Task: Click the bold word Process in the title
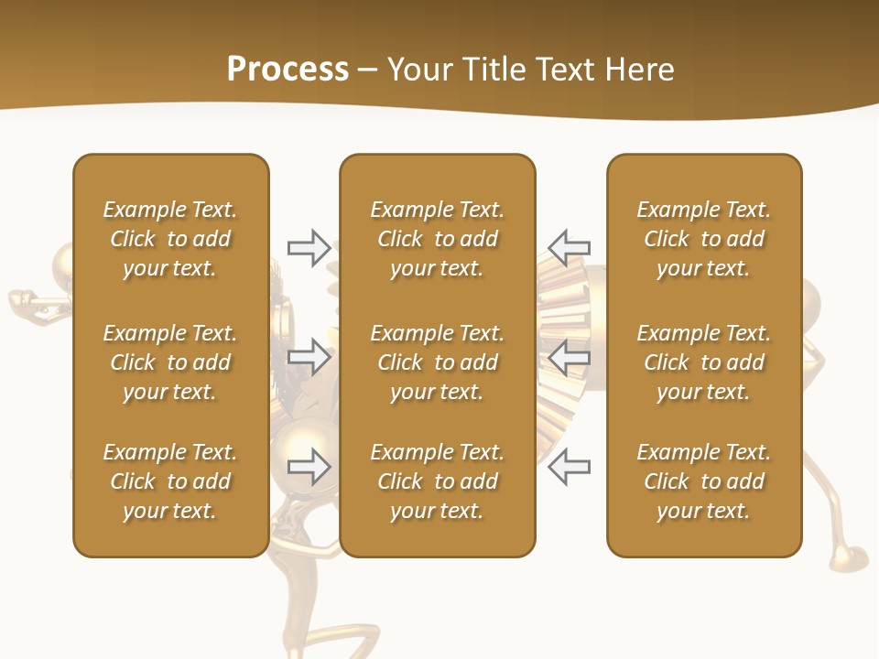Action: [x=288, y=70]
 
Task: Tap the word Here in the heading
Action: [x=637, y=70]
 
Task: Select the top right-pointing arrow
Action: [x=309, y=247]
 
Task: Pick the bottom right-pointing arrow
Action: [x=309, y=466]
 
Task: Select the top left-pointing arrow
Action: [x=569, y=247]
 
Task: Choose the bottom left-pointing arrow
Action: [x=569, y=466]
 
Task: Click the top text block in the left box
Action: [x=170, y=239]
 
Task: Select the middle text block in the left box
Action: [x=170, y=362]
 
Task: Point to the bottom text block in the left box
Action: [x=170, y=481]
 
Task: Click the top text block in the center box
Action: [x=438, y=239]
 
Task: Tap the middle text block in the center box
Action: [x=438, y=362]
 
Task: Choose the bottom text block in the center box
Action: [x=438, y=481]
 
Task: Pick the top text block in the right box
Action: [x=704, y=239]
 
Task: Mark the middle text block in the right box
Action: [x=704, y=362]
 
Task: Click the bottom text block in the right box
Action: [x=704, y=481]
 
